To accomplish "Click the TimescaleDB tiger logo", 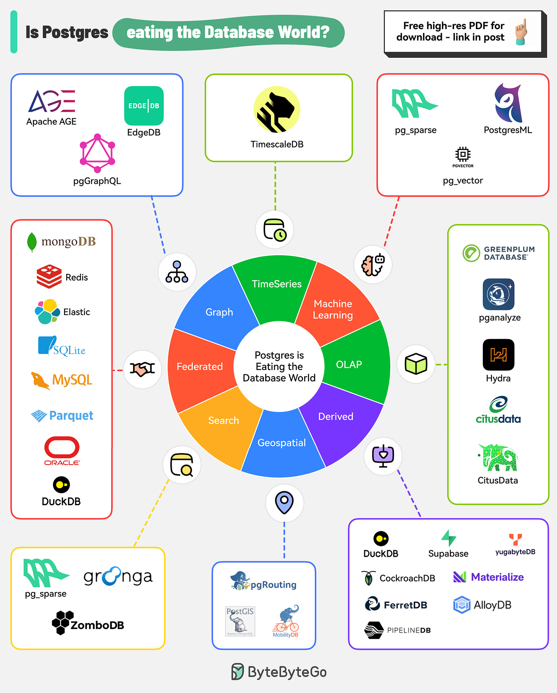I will click(x=277, y=110).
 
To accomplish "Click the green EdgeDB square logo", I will click(x=144, y=106).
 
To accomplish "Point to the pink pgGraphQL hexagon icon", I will click(x=97, y=153).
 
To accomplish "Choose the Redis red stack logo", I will click(x=49, y=276).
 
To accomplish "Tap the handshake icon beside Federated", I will click(x=142, y=369).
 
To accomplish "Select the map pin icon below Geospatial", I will click(x=284, y=502).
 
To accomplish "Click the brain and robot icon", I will click(x=373, y=265).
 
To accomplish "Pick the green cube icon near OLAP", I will click(x=416, y=364).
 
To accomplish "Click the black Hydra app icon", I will click(x=498, y=355).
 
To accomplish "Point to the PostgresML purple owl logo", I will click(x=508, y=103).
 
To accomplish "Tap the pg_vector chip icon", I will click(x=463, y=154).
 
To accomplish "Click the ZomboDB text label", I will click(x=97, y=625).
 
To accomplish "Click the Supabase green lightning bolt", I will click(x=448, y=538).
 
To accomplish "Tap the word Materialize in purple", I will click(x=497, y=577).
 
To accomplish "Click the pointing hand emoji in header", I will click(x=521, y=32).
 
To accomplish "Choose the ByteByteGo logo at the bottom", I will click(x=279, y=672).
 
